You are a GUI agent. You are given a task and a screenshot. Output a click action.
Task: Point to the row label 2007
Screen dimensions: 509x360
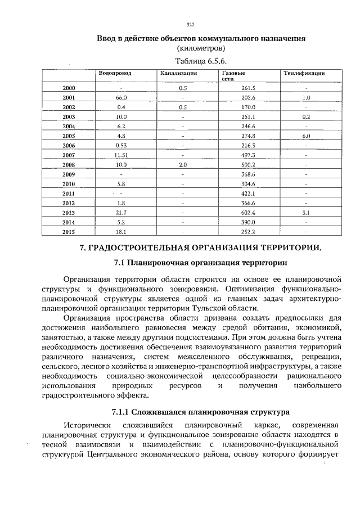pyautogui.click(x=69, y=155)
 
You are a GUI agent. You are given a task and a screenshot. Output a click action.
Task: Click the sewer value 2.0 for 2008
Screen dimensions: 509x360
pyautogui.click(x=183, y=164)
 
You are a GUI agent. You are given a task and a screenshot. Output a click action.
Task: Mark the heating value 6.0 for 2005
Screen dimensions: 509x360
pyautogui.click(x=306, y=136)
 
